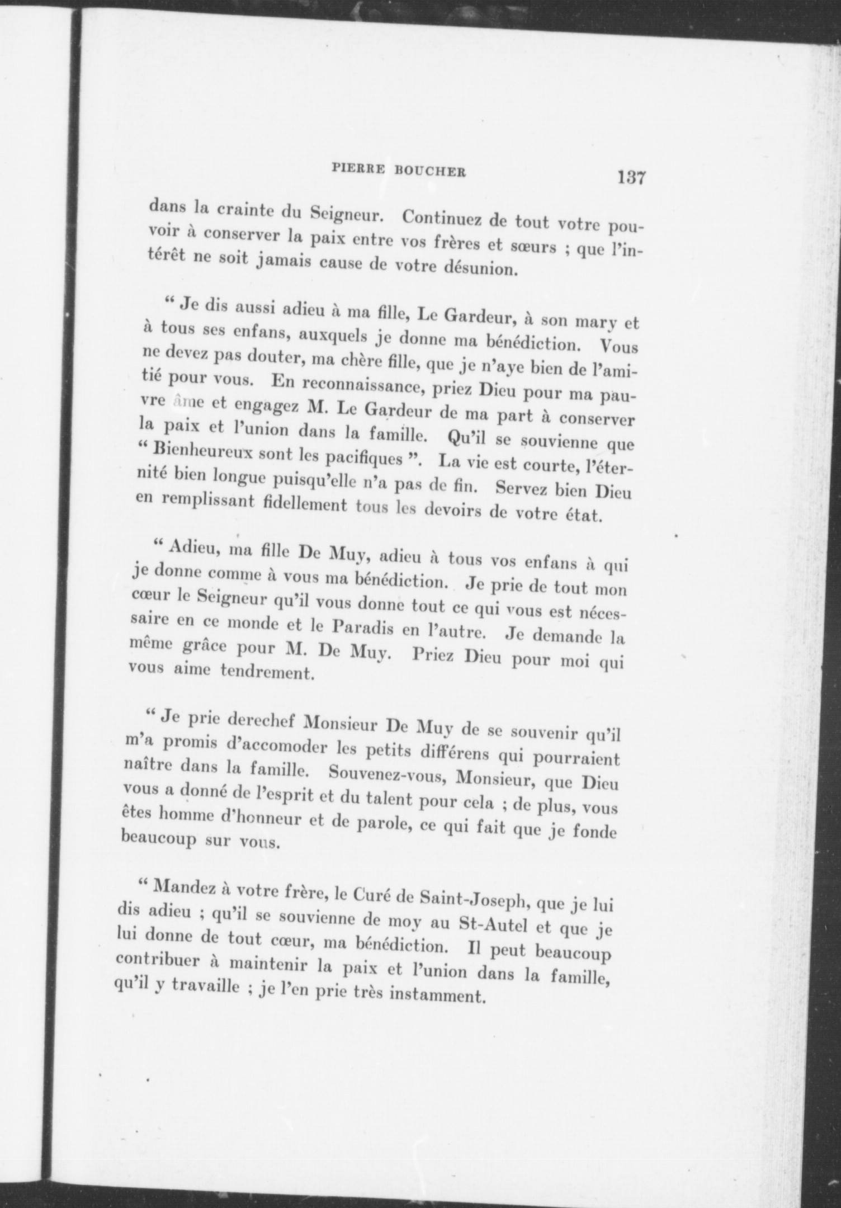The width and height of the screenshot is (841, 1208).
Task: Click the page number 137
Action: pos(632,178)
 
